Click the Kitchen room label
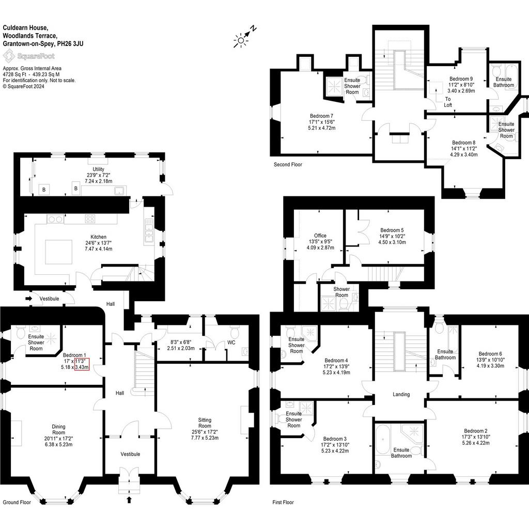click(98, 237)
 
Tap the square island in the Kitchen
click(59, 252)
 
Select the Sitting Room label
click(205, 423)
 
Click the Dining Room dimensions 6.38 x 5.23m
click(59, 444)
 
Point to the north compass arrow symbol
click(250, 32)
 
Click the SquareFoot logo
click(29, 56)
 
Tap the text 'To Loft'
click(448, 102)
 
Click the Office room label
click(320, 236)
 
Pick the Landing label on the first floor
click(401, 394)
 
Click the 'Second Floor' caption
click(288, 164)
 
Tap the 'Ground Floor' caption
click(17, 502)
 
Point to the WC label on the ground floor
click(231, 343)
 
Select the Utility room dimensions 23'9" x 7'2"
click(98, 175)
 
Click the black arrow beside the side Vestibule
click(28, 298)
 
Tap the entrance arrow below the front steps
click(129, 500)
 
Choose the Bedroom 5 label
click(392, 230)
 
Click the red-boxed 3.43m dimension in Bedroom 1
click(82, 367)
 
